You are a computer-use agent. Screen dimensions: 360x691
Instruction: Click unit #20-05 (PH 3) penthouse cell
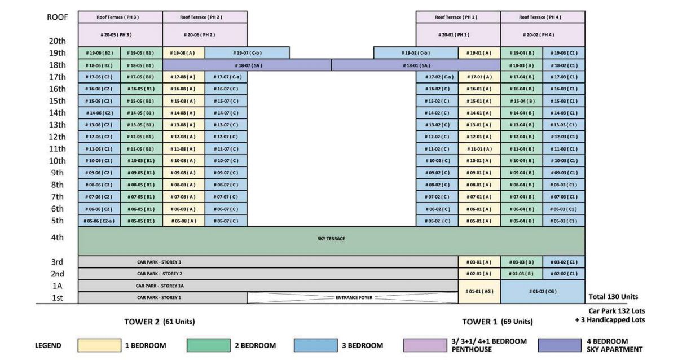click(x=120, y=34)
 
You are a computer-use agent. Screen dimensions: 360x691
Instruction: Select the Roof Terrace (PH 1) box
click(x=458, y=17)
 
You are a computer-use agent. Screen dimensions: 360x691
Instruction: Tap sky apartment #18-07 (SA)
click(x=247, y=65)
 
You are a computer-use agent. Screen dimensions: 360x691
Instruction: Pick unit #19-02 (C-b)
click(x=416, y=53)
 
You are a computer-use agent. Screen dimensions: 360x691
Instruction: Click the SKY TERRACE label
click(x=331, y=239)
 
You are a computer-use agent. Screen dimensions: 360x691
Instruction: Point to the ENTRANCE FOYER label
click(x=352, y=297)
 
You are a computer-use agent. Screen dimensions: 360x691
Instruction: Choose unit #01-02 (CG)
click(x=543, y=291)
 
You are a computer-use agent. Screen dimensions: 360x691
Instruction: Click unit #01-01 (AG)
click(x=479, y=291)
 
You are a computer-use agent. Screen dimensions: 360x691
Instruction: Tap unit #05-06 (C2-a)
click(x=99, y=221)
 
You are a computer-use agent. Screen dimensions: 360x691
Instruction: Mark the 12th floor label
click(x=57, y=137)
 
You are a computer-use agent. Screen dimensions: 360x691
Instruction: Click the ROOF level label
click(x=57, y=17)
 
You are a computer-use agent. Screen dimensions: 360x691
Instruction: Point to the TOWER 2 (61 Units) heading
click(x=160, y=322)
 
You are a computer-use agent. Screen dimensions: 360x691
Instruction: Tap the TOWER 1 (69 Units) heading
click(x=497, y=322)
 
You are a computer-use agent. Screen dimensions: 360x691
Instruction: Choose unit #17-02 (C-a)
click(x=437, y=77)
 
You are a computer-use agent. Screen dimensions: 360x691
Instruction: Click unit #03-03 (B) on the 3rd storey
click(x=521, y=262)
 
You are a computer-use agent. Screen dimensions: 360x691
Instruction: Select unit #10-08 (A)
click(x=183, y=161)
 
